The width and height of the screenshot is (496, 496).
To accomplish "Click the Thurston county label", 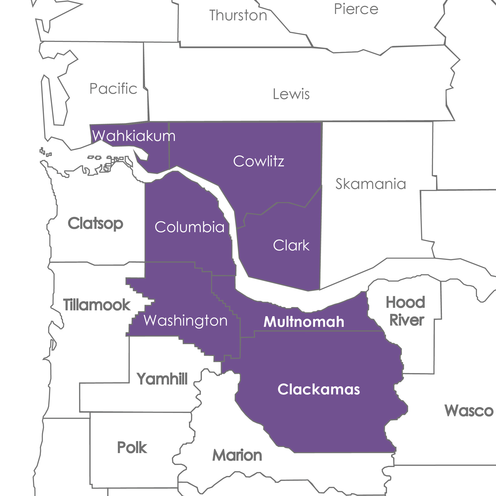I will [x=238, y=15].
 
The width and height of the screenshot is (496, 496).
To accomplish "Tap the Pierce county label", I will [x=356, y=9].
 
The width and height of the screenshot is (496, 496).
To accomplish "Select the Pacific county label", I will [x=113, y=89].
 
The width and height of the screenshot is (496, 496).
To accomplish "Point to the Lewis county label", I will [x=291, y=94].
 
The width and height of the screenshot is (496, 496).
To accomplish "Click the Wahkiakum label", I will [x=134, y=136].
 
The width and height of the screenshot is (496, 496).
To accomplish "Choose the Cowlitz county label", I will [x=259, y=161].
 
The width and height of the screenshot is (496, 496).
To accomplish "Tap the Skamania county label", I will [x=371, y=184].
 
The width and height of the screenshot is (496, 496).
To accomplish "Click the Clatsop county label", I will [x=95, y=223].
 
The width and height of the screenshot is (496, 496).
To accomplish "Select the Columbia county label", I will [x=189, y=227].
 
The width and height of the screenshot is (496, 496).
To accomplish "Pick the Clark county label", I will [x=291, y=245].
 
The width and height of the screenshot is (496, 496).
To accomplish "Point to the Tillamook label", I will [x=97, y=305].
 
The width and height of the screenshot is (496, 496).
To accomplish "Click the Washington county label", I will [x=186, y=321].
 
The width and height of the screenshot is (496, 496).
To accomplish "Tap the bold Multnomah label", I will [x=304, y=322].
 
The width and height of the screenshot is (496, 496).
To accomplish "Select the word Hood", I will [x=405, y=302].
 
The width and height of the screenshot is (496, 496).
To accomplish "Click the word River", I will [x=407, y=320].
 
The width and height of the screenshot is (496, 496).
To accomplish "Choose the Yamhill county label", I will [x=162, y=379].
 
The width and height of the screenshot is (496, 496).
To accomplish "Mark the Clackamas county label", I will [x=318, y=389].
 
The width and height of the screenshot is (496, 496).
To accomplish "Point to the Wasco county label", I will [x=469, y=411].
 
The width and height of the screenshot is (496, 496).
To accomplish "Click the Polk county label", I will [x=132, y=448].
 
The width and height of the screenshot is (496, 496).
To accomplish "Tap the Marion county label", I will [x=237, y=455].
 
